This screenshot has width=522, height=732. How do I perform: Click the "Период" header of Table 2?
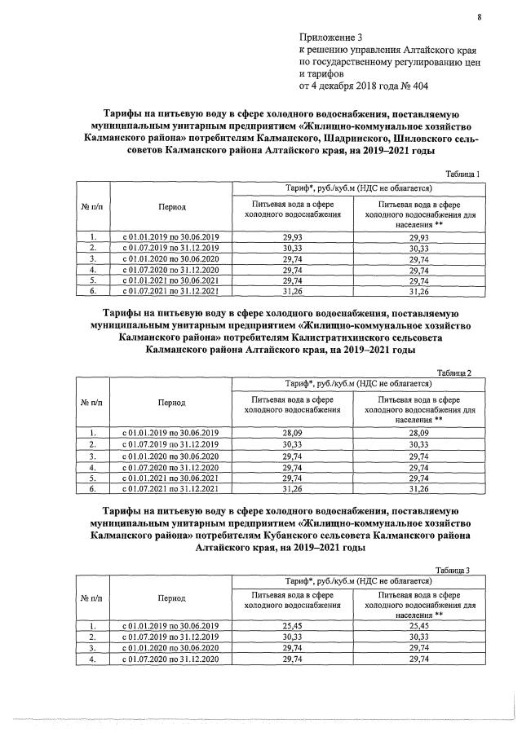(171, 403)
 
